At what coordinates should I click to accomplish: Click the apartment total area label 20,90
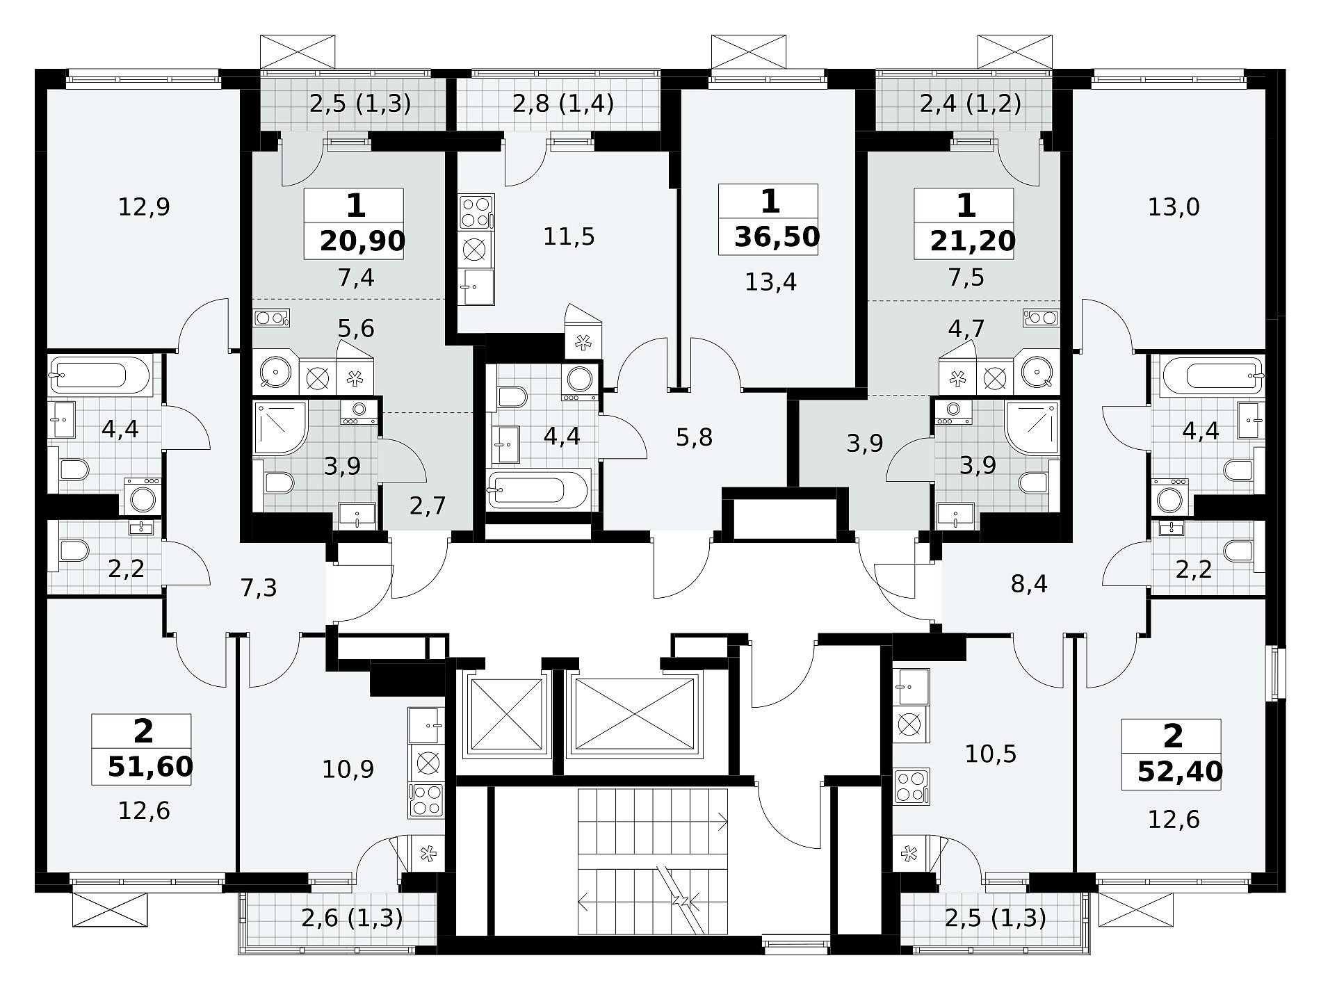[x=362, y=241]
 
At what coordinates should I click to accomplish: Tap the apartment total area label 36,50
[x=777, y=237]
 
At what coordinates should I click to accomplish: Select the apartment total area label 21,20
[x=973, y=241]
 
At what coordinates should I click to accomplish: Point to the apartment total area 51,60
[x=150, y=767]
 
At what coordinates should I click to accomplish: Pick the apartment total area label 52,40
[x=1180, y=772]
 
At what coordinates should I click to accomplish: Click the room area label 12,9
[x=144, y=206]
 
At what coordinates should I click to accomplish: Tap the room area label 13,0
[x=1173, y=206]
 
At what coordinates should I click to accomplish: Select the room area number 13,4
[x=770, y=282]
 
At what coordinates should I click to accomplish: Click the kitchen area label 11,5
[x=569, y=237]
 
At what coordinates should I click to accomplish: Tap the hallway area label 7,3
[x=259, y=588]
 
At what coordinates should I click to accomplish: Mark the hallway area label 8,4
[x=1029, y=584]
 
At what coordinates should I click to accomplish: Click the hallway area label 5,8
[x=695, y=437]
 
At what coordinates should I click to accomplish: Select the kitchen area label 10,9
[x=348, y=768]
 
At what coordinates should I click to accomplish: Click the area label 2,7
[x=428, y=505]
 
